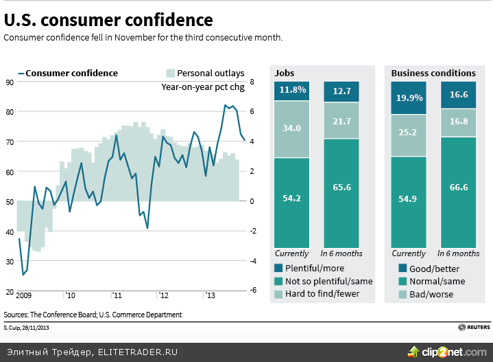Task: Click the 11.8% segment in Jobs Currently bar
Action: (291, 91)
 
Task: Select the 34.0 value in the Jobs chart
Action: (291, 128)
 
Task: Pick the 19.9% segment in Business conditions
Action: (409, 97)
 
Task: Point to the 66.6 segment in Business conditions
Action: (459, 187)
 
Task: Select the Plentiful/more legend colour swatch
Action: (278, 269)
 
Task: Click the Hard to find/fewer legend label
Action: (322, 293)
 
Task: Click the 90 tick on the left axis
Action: (10, 82)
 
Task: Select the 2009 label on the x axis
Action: (24, 295)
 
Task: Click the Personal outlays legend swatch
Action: (170, 73)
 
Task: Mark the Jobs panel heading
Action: (285, 73)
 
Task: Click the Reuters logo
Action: (473, 326)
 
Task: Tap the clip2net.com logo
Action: (446, 351)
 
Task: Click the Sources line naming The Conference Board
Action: (93, 315)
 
